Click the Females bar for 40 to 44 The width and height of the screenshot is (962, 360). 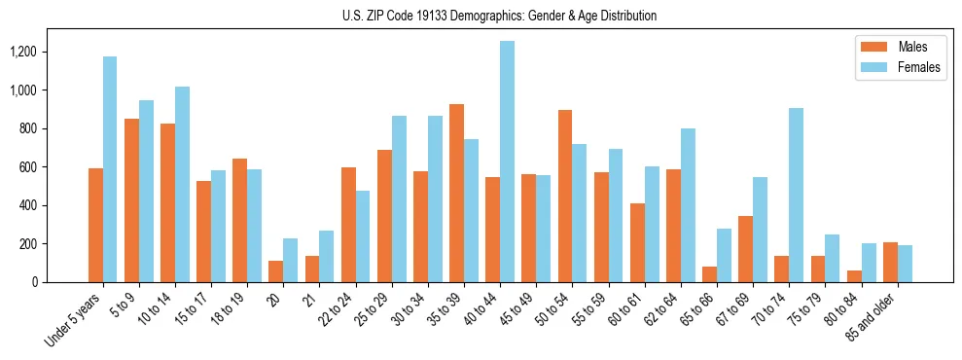click(x=507, y=162)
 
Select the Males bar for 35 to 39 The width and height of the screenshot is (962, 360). click(x=456, y=193)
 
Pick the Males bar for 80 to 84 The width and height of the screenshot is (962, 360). click(x=854, y=276)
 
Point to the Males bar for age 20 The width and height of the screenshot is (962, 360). click(x=276, y=271)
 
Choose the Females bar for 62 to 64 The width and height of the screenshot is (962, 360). click(x=688, y=205)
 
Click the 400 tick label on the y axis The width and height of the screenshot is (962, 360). click(x=53, y=205)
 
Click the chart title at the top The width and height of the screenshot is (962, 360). click(x=499, y=16)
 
